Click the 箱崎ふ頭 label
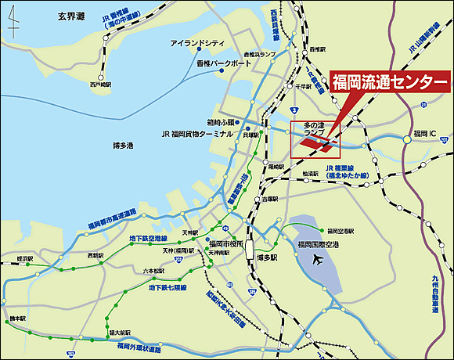[x=221, y=122]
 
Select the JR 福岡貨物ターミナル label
[x=196, y=134]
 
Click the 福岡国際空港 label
[x=318, y=244]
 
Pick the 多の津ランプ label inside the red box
[x=313, y=130]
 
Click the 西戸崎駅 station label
[x=101, y=82]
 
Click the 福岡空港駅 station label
[x=340, y=232]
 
